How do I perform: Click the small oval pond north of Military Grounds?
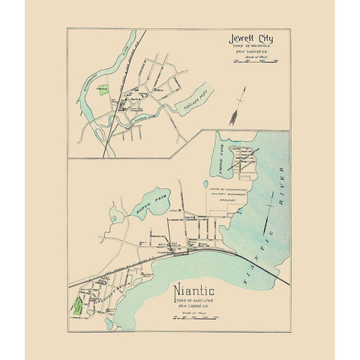click(205, 183)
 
